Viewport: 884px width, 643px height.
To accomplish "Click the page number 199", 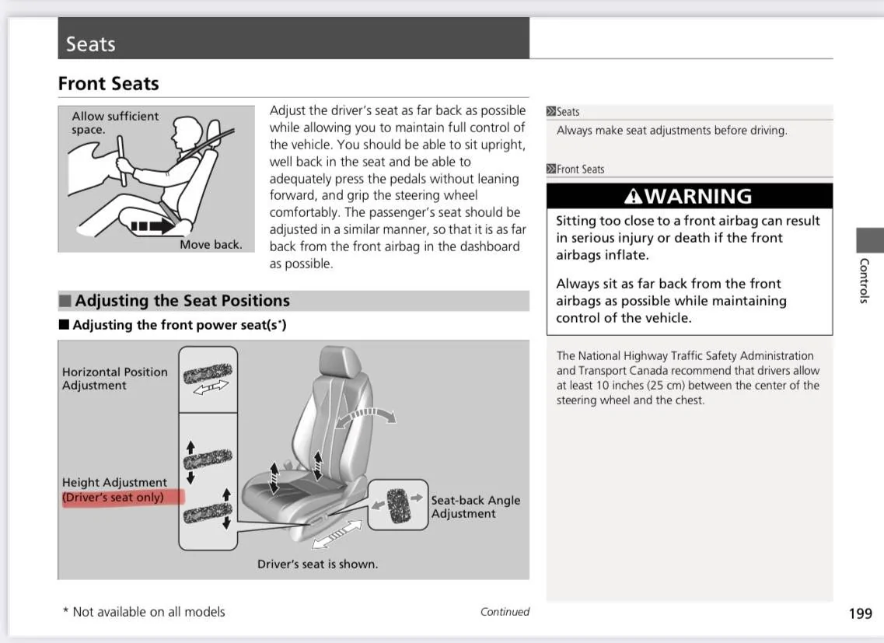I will [860, 613].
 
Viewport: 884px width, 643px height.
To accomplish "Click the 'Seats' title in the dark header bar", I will [90, 44].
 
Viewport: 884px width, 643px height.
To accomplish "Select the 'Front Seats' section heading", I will [108, 84].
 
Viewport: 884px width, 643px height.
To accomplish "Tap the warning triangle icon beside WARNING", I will [634, 197].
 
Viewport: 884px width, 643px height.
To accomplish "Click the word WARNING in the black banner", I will [698, 197].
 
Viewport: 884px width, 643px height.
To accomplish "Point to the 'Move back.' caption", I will [211, 244].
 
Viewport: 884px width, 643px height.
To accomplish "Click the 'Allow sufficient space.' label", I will [114, 123].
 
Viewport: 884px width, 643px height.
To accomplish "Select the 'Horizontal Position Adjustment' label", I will [114, 379].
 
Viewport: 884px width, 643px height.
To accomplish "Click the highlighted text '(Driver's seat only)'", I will [114, 498].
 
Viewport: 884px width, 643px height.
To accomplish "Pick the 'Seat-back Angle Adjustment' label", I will [475, 507].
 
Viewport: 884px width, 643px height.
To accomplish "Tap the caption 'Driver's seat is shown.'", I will [317, 564].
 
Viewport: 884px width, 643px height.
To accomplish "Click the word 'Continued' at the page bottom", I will [505, 612].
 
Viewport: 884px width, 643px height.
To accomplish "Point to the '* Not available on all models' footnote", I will [144, 612].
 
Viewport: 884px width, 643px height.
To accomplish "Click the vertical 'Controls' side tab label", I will [864, 280].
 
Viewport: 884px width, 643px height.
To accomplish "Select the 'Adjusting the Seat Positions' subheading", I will [182, 301].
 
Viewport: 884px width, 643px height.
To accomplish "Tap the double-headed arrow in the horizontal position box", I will [211, 386].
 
